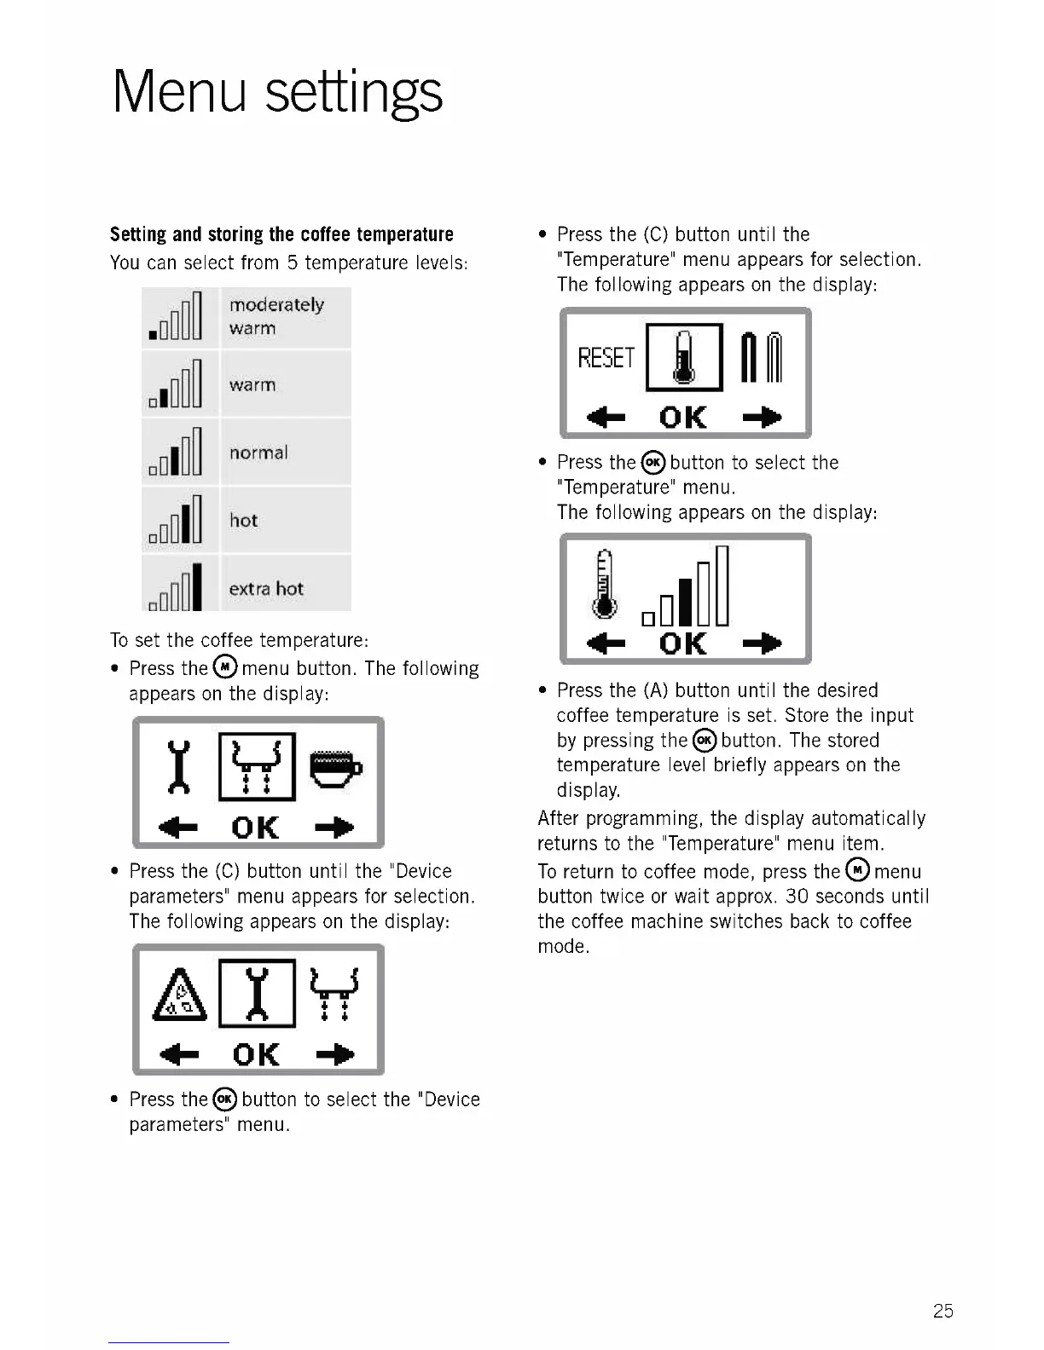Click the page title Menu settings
point(277,92)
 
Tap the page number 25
point(942,1311)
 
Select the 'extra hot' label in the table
point(266,589)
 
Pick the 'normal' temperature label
point(258,453)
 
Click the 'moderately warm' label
point(275,316)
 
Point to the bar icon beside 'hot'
point(177,520)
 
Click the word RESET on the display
point(606,358)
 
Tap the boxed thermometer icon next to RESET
point(684,358)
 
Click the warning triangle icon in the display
point(180,995)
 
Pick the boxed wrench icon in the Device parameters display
point(258,994)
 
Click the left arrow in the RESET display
point(606,418)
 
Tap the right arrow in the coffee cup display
point(334,828)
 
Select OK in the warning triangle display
point(256,1055)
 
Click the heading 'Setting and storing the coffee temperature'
point(281,234)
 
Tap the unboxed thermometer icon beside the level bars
point(605,584)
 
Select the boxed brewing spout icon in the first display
point(258,766)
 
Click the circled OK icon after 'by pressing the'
point(704,740)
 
